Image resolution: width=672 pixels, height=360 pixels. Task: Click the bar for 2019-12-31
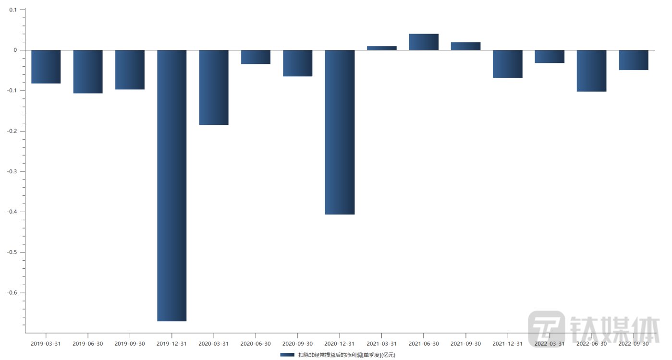click(x=171, y=185)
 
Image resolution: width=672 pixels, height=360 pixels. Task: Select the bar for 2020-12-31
click(x=340, y=132)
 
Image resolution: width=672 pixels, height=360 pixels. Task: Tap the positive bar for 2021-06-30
click(x=424, y=42)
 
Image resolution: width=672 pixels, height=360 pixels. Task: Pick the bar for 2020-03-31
click(x=214, y=87)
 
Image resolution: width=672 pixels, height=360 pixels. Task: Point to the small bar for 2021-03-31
click(x=381, y=48)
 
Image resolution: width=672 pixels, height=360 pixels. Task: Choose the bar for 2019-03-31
click(x=46, y=67)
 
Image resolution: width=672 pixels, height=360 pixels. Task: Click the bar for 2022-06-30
click(x=591, y=71)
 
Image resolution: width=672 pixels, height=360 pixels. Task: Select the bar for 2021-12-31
click(x=507, y=64)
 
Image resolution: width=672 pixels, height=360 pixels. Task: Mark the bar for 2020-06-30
click(x=256, y=57)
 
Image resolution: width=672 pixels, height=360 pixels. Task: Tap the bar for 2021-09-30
click(x=465, y=46)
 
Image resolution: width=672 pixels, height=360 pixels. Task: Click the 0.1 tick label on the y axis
click(x=13, y=10)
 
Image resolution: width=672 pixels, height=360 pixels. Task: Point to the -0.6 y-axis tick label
click(x=12, y=293)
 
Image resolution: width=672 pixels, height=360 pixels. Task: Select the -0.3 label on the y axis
click(x=12, y=171)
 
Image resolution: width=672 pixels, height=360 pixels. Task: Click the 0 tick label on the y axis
click(x=15, y=50)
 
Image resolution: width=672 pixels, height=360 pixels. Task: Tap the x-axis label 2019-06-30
click(x=87, y=344)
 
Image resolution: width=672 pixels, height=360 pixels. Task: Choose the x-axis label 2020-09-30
click(x=298, y=344)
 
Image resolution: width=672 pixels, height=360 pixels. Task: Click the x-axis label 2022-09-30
click(x=634, y=344)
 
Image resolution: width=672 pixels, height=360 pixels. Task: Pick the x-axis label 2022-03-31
click(x=550, y=344)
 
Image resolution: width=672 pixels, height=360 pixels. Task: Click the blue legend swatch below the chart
click(x=287, y=355)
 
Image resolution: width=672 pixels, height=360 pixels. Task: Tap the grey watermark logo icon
click(x=547, y=328)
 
